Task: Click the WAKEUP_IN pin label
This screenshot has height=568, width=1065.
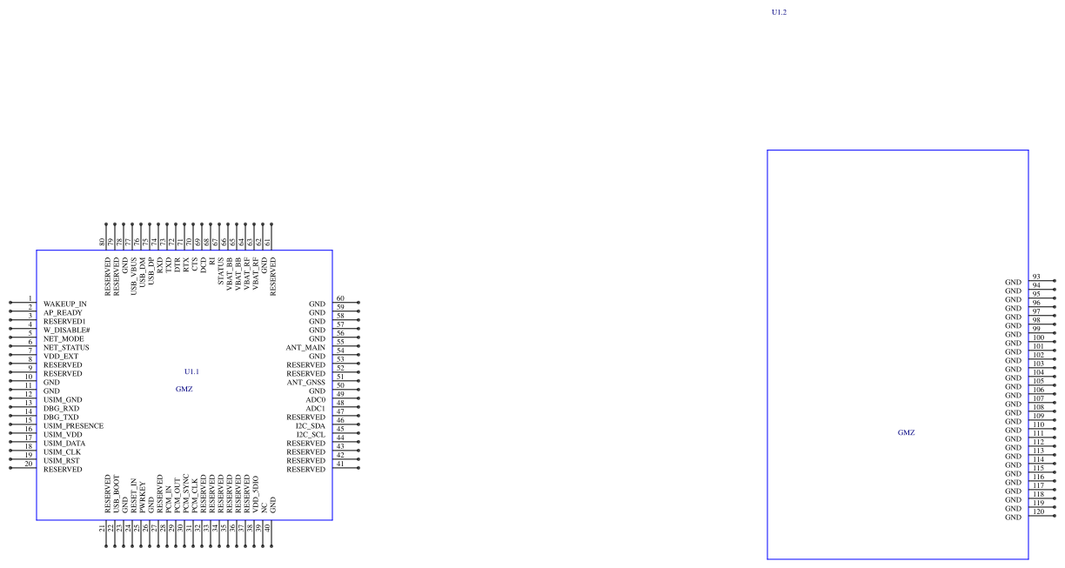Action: [x=65, y=304]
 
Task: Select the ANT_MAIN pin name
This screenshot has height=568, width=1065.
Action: [x=305, y=347]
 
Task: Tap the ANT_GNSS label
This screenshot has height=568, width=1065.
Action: [x=306, y=382]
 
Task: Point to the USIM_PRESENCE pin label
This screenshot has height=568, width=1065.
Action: [x=74, y=425]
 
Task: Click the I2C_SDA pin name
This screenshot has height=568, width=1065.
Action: [x=311, y=425]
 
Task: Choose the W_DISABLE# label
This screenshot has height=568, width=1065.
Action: [x=67, y=330]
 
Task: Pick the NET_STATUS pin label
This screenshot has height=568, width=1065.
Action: [x=66, y=347]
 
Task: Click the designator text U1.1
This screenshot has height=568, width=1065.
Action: [x=191, y=371]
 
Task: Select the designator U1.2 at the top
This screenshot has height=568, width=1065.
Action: [x=779, y=12]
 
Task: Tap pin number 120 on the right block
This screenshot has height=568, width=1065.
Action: [x=1038, y=511]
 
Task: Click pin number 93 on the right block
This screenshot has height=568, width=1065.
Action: [x=1036, y=277]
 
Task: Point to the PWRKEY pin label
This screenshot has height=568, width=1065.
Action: [x=143, y=495]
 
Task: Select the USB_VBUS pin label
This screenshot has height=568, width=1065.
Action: [x=134, y=276]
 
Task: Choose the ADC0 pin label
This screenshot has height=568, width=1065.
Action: [x=315, y=399]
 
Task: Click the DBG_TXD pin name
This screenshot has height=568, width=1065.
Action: [x=61, y=417]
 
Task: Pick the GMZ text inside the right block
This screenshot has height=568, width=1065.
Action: [x=906, y=432]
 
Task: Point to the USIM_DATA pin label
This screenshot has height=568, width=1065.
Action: [x=64, y=443]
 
